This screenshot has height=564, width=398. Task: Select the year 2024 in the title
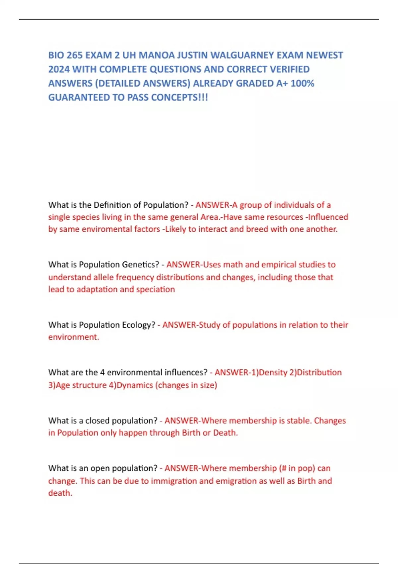tap(59, 69)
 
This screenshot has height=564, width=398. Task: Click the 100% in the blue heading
tap(302, 83)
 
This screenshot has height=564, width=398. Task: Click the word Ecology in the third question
tap(139, 325)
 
